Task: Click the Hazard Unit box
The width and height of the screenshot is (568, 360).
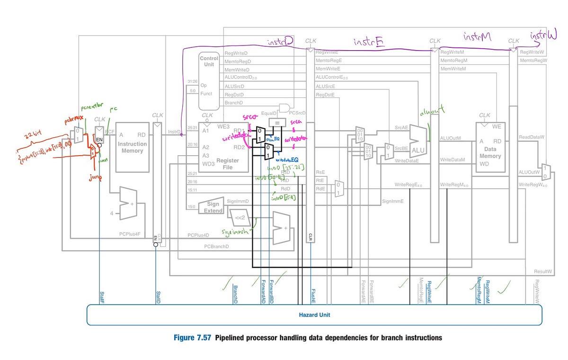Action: pyautogui.click(x=314, y=315)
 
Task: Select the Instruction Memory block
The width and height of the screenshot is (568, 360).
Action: pyautogui.click(x=132, y=147)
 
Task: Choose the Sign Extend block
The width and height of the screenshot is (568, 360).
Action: pyautogui.click(x=213, y=207)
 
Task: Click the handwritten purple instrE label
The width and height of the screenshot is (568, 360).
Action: pyautogui.click(x=369, y=43)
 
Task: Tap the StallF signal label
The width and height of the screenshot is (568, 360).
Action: pyautogui.click(x=101, y=298)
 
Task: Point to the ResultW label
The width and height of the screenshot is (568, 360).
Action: pyautogui.click(x=542, y=272)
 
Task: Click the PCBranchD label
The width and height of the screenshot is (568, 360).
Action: pyautogui.click(x=216, y=246)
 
